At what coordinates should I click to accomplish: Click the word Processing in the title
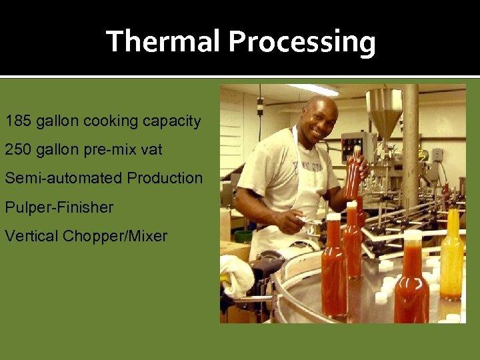point(302,42)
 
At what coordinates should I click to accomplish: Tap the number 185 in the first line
point(17,121)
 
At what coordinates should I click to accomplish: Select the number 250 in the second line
point(17,150)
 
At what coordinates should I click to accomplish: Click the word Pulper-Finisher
point(59,207)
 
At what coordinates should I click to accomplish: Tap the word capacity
point(169,122)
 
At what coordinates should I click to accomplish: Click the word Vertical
point(31,236)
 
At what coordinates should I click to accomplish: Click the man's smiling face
point(321,121)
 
